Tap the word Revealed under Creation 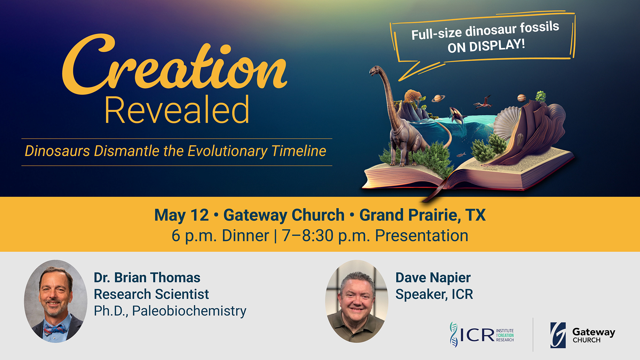pyautogui.click(x=177, y=110)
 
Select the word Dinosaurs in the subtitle pyautogui.click(x=57, y=151)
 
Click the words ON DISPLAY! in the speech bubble pyautogui.click(x=486, y=46)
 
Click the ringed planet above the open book pyautogui.click(x=437, y=98)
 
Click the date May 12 pyautogui.click(x=182, y=215)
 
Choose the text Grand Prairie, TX pyautogui.click(x=422, y=215)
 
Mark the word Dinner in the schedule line pyautogui.click(x=245, y=236)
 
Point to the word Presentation pyautogui.click(x=422, y=236)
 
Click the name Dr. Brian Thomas pyautogui.click(x=147, y=278)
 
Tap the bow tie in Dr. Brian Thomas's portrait pyautogui.click(x=55, y=329)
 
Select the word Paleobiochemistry pyautogui.click(x=189, y=311)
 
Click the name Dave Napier pyautogui.click(x=433, y=278)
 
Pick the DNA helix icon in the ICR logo pyautogui.click(x=453, y=334)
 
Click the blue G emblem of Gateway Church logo pyautogui.click(x=558, y=335)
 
